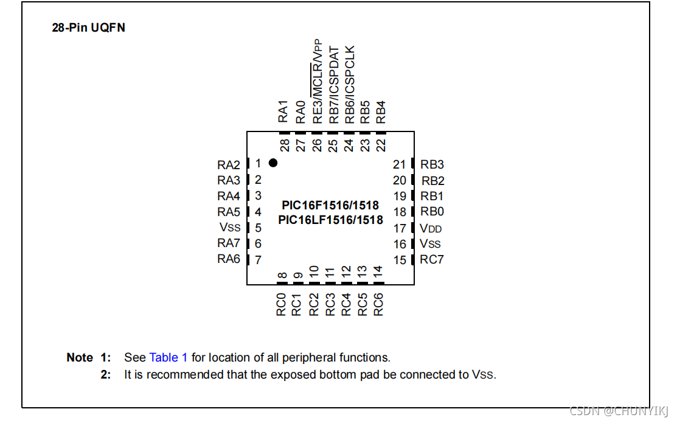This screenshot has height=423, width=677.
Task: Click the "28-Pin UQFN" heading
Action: tap(89, 28)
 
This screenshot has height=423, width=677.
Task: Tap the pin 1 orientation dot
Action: tap(273, 163)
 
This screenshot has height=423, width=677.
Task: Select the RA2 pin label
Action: tap(229, 165)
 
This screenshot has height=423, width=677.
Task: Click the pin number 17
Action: tap(400, 228)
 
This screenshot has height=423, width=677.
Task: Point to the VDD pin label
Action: tap(431, 228)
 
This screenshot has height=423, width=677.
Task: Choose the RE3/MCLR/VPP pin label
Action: tap(317, 82)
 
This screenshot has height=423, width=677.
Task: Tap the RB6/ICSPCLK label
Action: tap(349, 85)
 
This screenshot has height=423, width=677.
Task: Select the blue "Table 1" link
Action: tap(168, 357)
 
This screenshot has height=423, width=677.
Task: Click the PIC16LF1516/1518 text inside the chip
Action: tap(330, 220)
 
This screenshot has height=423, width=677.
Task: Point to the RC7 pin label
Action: tap(432, 259)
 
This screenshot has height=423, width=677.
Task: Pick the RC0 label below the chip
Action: tap(281, 304)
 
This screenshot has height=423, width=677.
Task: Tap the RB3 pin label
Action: tap(432, 164)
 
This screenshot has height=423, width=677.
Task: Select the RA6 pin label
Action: tap(229, 259)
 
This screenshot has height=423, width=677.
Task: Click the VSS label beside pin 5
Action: tap(230, 228)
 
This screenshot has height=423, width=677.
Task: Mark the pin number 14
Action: tap(378, 270)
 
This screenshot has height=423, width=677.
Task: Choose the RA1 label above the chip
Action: tap(283, 111)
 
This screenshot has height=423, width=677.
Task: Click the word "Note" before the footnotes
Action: tap(80, 357)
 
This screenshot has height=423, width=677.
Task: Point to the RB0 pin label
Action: tap(432, 212)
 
